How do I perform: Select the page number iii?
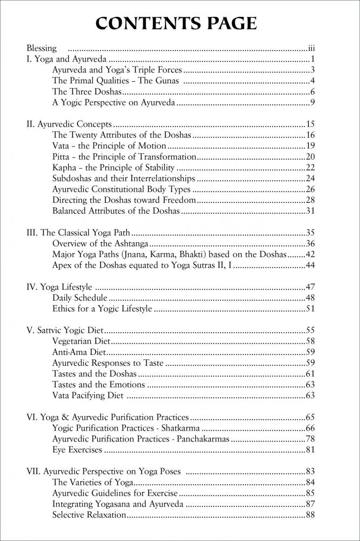311,48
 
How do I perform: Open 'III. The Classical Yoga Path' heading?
78,233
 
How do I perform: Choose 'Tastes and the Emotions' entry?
99,385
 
